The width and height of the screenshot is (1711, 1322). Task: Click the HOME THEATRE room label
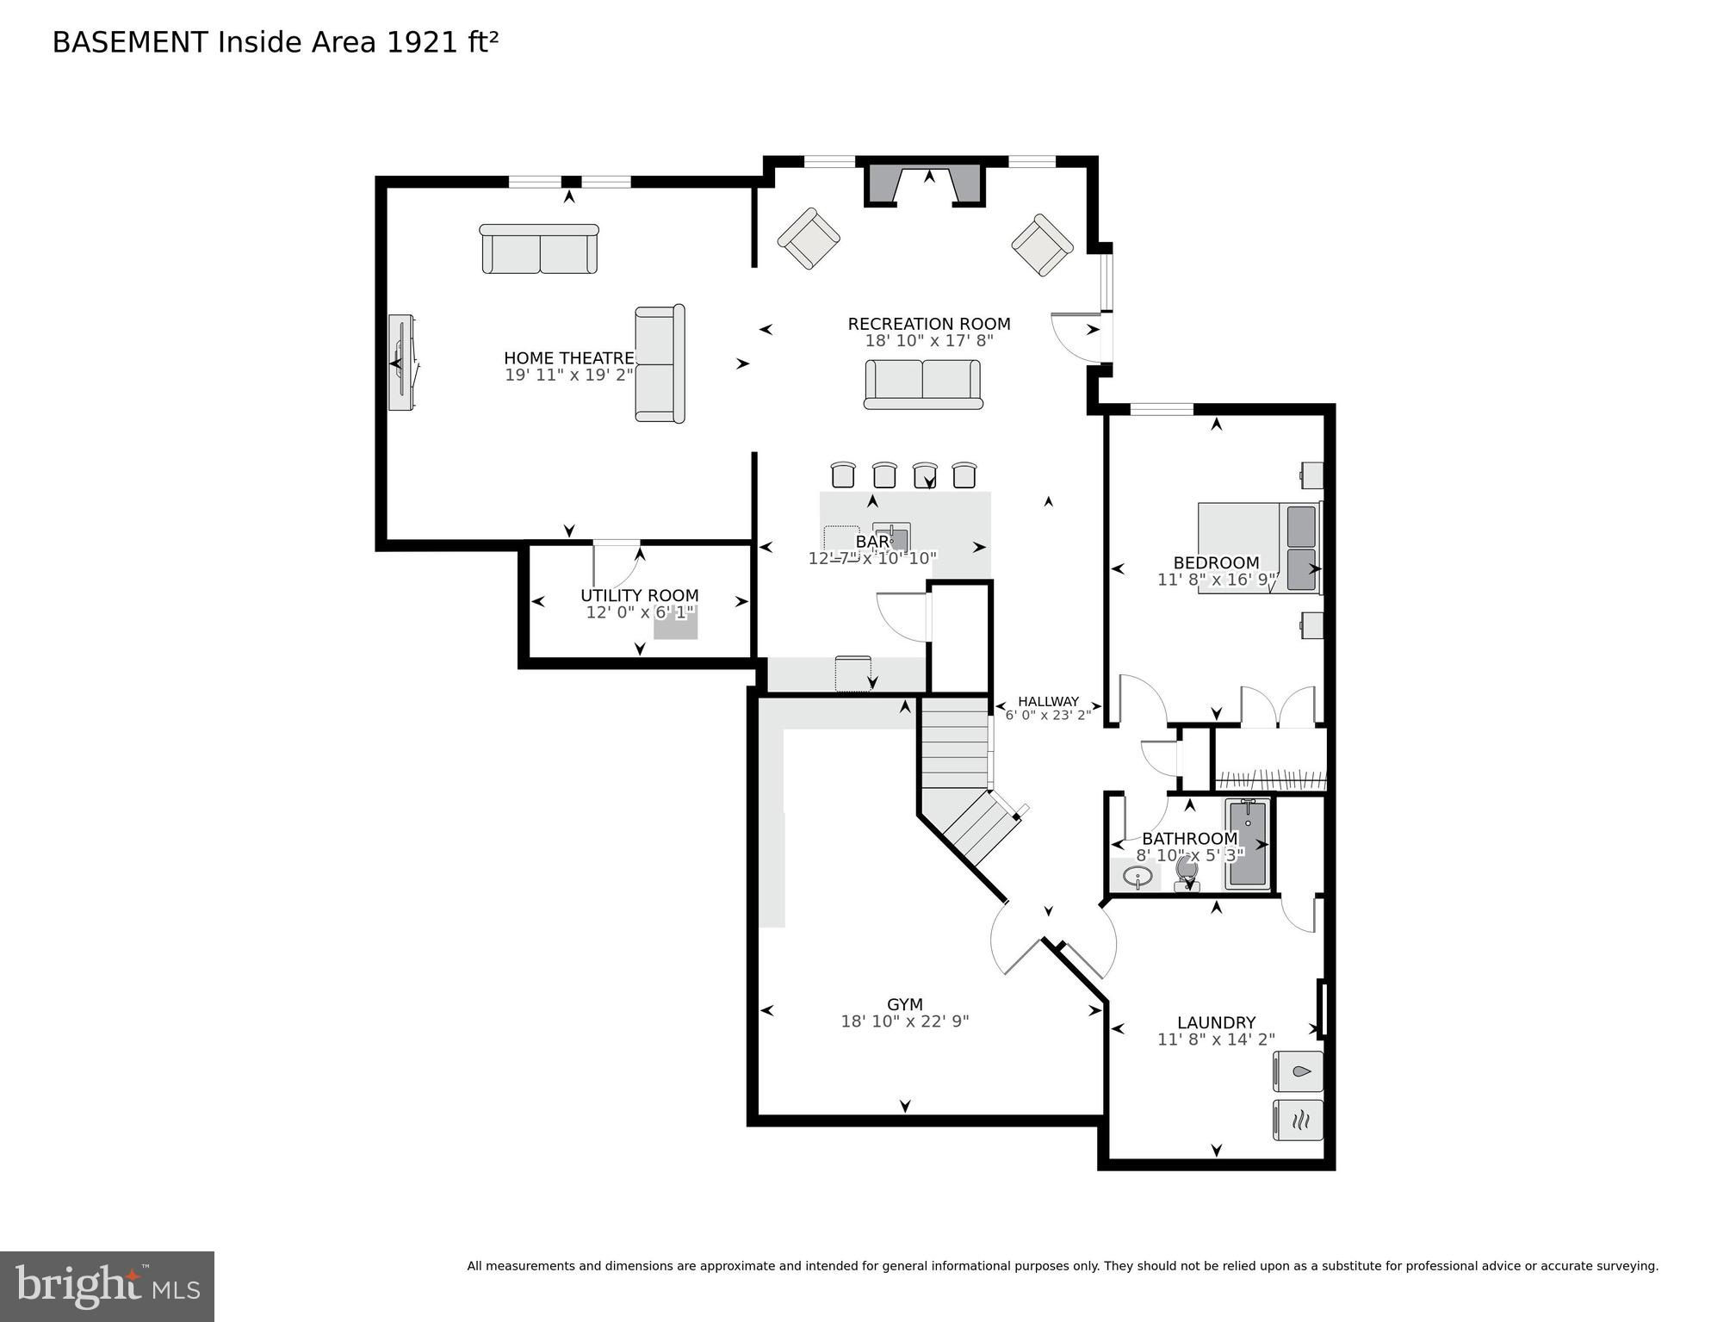point(569,358)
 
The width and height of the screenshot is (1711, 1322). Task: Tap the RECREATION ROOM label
point(929,324)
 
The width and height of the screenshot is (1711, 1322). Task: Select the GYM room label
point(905,1004)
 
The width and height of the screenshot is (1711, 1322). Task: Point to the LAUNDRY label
point(1216,1022)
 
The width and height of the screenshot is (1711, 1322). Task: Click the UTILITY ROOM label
point(640,595)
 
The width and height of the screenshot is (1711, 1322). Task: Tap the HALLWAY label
point(1048,702)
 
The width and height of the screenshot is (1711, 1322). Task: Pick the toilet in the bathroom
point(1187,872)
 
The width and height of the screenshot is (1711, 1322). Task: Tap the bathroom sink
point(1138,878)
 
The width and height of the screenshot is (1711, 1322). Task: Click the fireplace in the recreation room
point(925,184)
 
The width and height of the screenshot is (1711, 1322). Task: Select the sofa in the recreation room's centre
point(923,383)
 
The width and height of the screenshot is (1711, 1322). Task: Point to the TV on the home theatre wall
point(401,362)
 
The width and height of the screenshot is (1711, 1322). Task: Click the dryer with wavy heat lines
point(1299,1120)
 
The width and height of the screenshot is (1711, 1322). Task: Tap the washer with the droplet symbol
point(1299,1072)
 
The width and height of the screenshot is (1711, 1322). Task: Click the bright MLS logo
point(107,1286)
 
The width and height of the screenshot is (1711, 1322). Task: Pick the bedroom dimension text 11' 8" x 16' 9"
point(1216,580)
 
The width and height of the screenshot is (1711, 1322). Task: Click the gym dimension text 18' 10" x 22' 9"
point(905,1021)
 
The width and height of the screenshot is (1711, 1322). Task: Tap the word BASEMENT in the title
point(130,42)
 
